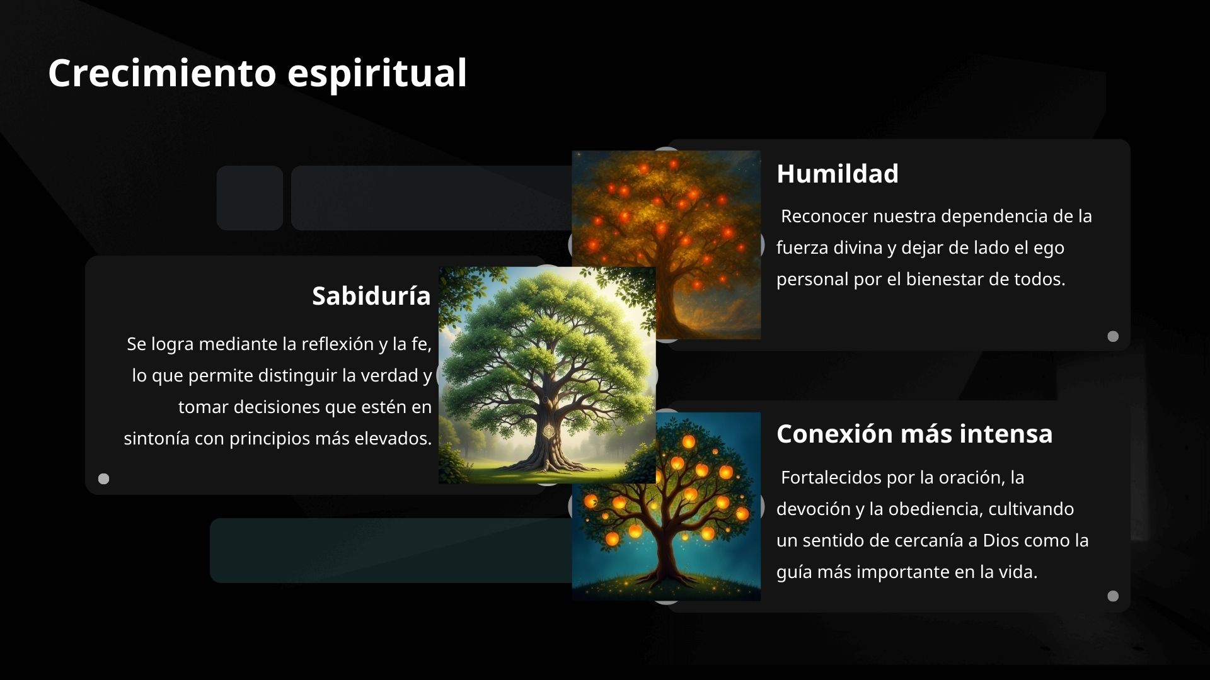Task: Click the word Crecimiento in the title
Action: (162, 73)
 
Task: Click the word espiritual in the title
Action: (377, 73)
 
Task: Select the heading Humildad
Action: (837, 174)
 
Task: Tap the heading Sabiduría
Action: (371, 296)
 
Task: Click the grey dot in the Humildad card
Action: (1113, 336)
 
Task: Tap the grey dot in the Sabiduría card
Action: (104, 479)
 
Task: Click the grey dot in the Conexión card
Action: (1113, 596)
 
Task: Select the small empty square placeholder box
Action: (250, 198)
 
